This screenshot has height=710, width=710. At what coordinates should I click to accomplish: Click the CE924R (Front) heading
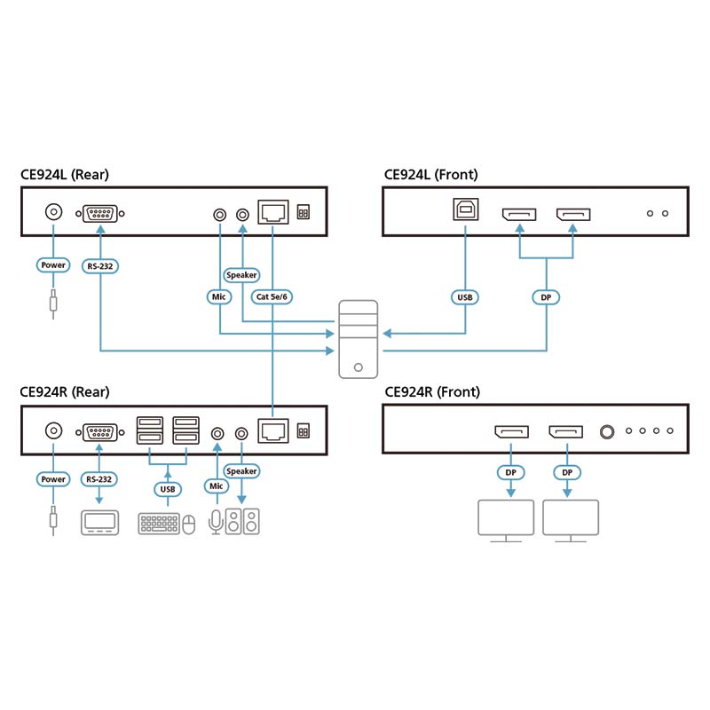(x=431, y=391)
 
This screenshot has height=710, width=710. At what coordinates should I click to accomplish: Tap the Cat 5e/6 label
(x=272, y=297)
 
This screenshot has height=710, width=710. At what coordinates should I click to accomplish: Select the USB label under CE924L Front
(x=464, y=297)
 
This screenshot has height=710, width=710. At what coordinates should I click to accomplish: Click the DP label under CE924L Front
(x=546, y=297)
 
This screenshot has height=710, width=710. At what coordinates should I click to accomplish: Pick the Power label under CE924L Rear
(x=53, y=264)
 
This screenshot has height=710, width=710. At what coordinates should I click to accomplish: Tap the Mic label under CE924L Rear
(x=219, y=297)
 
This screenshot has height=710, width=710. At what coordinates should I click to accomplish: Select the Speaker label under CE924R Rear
(x=241, y=471)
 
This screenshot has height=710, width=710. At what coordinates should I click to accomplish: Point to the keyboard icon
(x=158, y=524)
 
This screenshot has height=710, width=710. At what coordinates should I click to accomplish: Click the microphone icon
(x=214, y=523)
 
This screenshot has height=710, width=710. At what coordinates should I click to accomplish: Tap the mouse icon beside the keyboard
(x=188, y=525)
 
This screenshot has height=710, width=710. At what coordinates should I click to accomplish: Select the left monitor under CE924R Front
(x=506, y=519)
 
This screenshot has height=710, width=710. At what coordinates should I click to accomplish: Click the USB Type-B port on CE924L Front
(x=464, y=214)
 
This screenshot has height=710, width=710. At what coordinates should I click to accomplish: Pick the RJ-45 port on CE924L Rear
(x=272, y=213)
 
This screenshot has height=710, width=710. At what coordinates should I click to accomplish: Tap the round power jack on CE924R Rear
(x=53, y=432)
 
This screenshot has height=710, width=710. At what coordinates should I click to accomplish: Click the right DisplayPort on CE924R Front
(x=566, y=432)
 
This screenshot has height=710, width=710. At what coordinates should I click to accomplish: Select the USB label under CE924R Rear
(x=167, y=488)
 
